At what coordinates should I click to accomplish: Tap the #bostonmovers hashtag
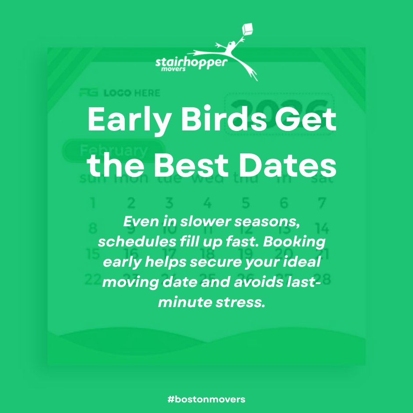pyautogui.click(x=206, y=399)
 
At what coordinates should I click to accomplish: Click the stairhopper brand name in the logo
pyautogui.click(x=192, y=62)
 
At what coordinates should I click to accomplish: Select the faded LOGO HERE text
pyautogui.click(x=131, y=93)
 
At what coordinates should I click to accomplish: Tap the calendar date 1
pyautogui.click(x=93, y=203)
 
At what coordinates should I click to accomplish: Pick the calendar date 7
pyautogui.click(x=322, y=203)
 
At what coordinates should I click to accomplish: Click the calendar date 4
pyautogui.click(x=207, y=203)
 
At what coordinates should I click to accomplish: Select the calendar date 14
pyautogui.click(x=322, y=228)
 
